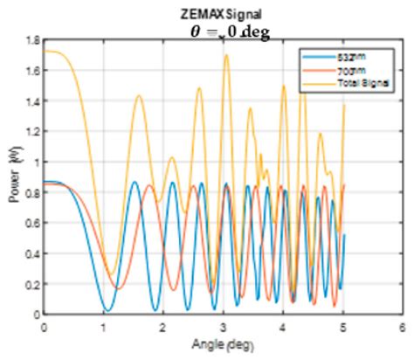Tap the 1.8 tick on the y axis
31,40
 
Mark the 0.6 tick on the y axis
31,223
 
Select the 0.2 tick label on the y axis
31,284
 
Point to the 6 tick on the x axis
401,324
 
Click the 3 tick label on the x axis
223,324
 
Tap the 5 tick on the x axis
342,324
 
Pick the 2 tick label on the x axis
163,324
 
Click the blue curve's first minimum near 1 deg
106,310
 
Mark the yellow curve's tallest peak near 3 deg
226,55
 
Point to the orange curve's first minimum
119,288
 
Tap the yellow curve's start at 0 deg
45,52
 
